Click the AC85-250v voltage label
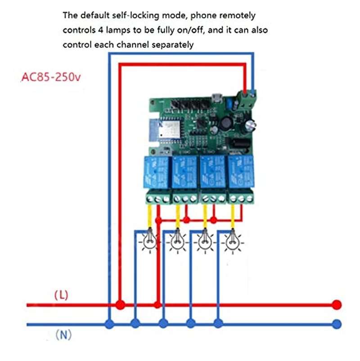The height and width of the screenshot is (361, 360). (51, 77)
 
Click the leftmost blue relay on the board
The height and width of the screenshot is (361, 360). (156, 172)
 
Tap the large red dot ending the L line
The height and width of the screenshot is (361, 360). (336, 305)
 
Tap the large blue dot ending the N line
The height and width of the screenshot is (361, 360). (336, 323)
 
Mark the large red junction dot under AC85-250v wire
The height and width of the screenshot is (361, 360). (120, 305)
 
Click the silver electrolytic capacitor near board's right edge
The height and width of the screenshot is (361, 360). (250, 124)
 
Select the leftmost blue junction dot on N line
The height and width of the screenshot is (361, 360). (108, 323)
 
